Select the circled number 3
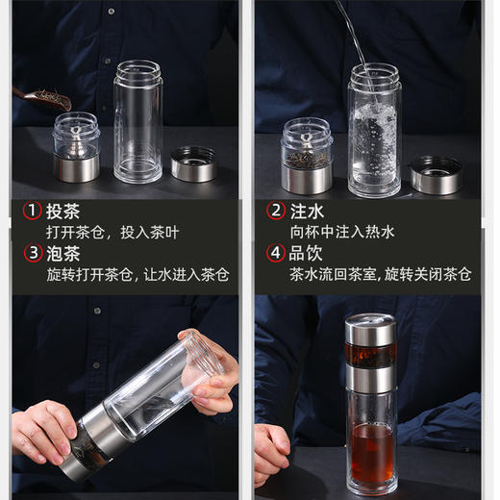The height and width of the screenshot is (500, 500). click(x=32, y=255)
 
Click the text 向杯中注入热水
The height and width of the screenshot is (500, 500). click(x=341, y=233)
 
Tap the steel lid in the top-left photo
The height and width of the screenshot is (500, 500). click(x=193, y=163)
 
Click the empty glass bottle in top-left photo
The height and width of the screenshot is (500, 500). click(x=138, y=120)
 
